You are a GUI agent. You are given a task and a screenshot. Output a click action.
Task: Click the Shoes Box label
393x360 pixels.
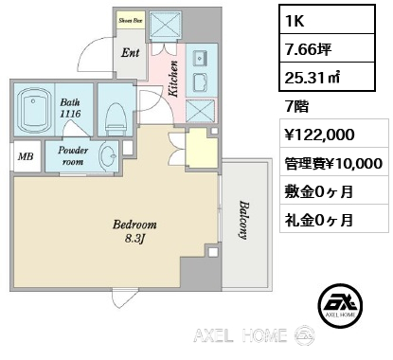131,21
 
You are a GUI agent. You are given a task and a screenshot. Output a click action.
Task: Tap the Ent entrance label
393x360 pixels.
130,53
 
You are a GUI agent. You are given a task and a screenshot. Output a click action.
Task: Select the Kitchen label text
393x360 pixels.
173,79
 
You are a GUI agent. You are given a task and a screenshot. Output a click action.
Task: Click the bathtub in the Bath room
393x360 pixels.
33,111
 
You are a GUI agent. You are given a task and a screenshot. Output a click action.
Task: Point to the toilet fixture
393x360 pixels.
116,117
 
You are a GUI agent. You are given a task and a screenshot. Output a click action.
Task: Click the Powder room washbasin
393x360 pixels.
108,155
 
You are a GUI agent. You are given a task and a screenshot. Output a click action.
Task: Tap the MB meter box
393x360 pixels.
27,156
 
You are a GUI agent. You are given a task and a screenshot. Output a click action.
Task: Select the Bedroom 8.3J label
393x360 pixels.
134,231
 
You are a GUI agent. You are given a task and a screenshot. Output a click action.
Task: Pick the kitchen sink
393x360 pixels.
201,58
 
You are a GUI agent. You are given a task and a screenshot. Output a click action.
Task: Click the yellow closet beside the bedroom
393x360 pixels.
202,149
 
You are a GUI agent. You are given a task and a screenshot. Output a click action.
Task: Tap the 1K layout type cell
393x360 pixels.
327,19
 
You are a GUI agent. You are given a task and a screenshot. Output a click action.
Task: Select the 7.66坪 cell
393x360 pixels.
327,48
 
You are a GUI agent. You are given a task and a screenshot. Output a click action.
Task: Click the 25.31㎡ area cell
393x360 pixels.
327,77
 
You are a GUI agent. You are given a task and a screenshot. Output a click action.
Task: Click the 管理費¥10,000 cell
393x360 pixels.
333,163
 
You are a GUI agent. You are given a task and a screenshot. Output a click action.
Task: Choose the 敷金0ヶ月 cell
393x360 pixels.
333,190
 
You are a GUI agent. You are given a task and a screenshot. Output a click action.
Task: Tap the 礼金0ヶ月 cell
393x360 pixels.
333,219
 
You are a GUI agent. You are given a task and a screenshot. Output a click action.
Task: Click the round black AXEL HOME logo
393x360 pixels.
340,305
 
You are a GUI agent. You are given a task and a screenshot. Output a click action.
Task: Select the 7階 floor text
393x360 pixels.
296,107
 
